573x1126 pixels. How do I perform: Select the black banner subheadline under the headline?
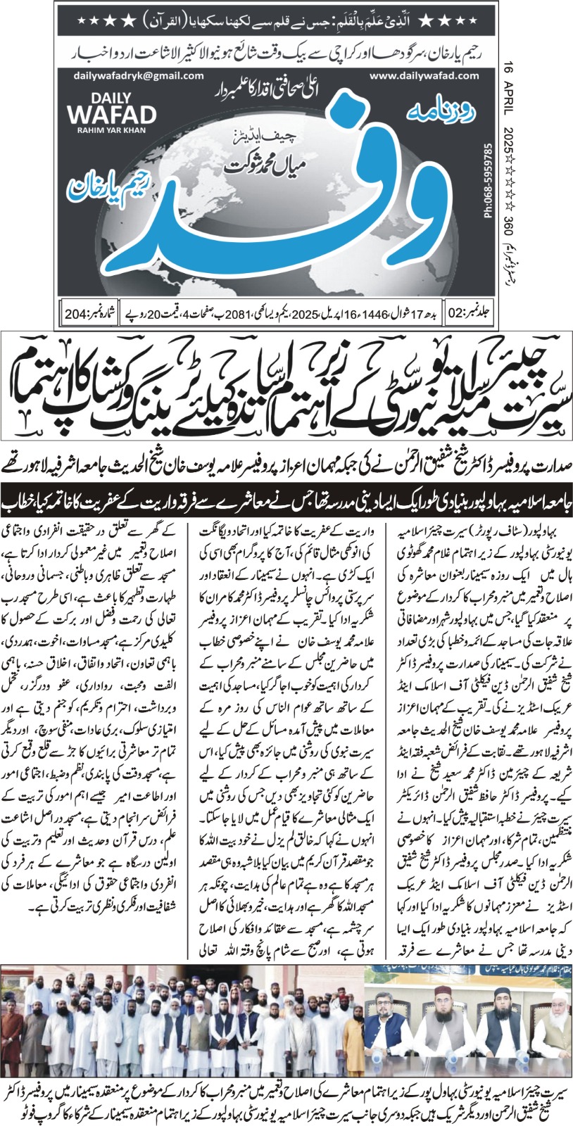click(286, 505)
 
